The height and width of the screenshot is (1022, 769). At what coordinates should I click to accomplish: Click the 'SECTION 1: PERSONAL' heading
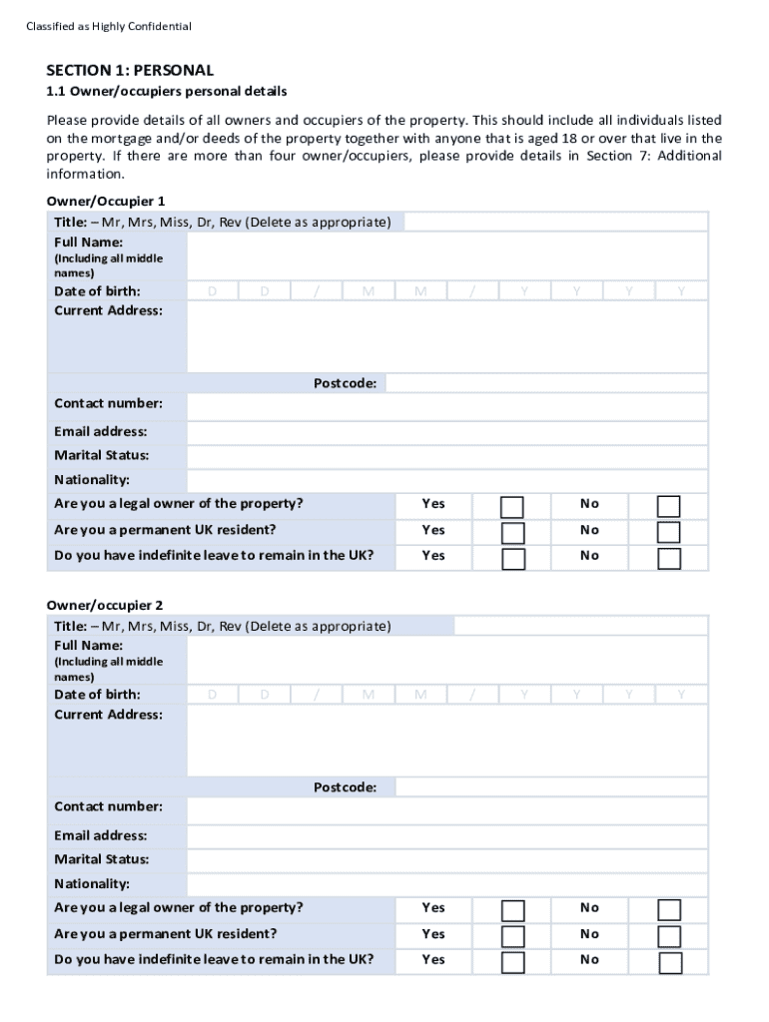point(130,71)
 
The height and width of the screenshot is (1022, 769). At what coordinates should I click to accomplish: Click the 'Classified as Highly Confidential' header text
point(109,26)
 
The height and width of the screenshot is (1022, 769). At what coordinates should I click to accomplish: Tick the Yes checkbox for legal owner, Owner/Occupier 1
point(512,506)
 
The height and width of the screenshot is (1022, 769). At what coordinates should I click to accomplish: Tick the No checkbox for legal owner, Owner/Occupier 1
point(668,506)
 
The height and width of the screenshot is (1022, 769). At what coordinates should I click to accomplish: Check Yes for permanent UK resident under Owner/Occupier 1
point(512,532)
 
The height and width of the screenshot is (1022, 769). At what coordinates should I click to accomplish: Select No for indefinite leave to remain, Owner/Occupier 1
point(668,558)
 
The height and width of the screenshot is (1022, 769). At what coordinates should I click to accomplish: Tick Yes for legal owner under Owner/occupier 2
point(512,910)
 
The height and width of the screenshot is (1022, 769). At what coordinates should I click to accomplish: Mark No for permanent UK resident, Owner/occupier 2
point(668,936)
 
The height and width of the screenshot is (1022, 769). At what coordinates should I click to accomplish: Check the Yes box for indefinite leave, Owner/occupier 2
point(512,962)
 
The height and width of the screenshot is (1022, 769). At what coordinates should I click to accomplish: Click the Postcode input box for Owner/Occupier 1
point(546,383)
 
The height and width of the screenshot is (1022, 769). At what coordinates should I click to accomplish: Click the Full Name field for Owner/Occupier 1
point(446,256)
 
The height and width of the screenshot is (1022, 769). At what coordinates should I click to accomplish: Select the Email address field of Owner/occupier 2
point(446,836)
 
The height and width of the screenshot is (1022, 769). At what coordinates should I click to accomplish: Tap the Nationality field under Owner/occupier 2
point(446,884)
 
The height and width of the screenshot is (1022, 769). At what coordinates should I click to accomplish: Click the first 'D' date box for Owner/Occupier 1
point(212,291)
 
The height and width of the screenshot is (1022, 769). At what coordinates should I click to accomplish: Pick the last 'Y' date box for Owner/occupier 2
point(681,695)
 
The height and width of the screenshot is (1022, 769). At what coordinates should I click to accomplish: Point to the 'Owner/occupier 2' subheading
point(105,605)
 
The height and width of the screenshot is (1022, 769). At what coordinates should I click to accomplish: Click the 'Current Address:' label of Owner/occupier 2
point(108,715)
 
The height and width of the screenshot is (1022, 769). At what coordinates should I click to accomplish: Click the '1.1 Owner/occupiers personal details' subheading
point(167,92)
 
